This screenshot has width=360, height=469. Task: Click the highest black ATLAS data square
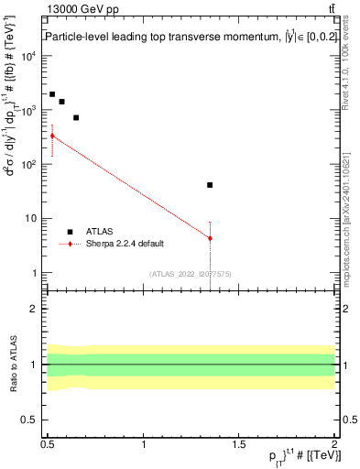click(x=52, y=94)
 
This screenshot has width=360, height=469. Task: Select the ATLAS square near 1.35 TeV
click(x=211, y=185)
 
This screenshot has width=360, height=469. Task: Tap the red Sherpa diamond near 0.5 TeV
click(x=52, y=136)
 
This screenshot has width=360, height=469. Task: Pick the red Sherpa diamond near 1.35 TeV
click(x=211, y=238)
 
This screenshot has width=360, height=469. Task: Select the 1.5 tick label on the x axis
click(x=239, y=443)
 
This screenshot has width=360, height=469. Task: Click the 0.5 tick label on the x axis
click(x=48, y=443)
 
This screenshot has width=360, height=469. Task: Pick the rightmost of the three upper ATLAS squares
click(x=76, y=117)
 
